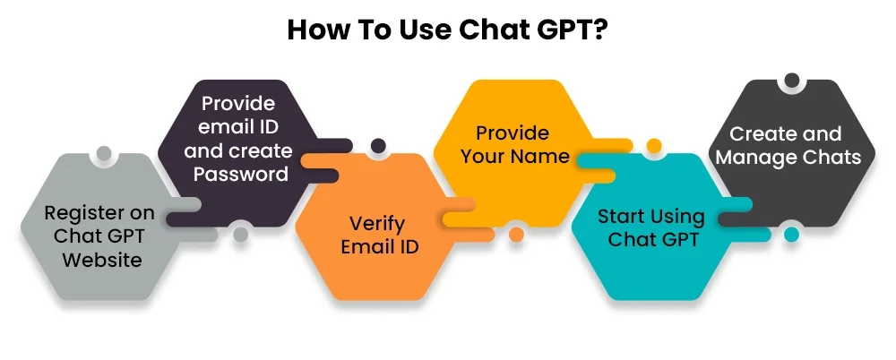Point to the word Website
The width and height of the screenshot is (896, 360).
point(102,260)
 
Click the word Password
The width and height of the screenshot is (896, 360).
point(240,174)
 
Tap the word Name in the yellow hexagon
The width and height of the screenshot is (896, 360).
point(543,156)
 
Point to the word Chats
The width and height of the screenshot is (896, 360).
point(831,157)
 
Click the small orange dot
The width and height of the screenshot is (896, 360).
point(517,234)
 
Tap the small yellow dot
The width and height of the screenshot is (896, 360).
point(654,146)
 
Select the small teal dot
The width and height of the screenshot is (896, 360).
point(791,234)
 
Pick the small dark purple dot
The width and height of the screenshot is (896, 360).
point(378,146)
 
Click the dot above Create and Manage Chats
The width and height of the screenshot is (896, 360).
point(791,81)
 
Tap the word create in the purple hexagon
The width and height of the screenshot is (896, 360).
point(263,150)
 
